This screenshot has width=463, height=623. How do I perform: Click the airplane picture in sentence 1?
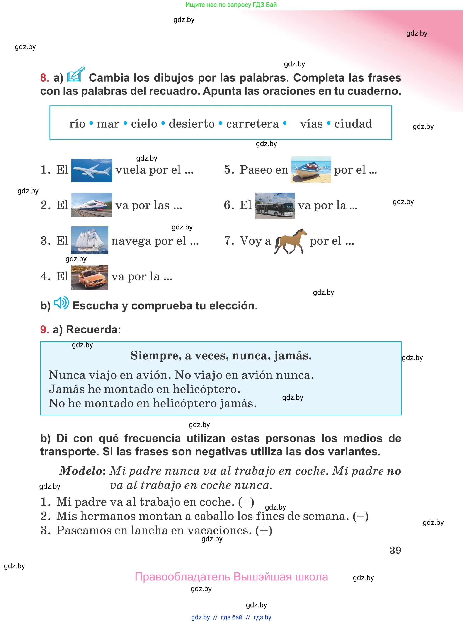(92, 170)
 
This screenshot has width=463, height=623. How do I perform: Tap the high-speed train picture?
(92, 205)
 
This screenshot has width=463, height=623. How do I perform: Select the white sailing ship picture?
(90, 240)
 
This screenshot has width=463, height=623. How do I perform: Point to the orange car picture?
(90, 277)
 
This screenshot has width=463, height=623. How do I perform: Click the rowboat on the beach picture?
(311, 169)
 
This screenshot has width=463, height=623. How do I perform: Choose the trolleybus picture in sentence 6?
(275, 206)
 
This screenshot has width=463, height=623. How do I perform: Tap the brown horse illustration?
(290, 241)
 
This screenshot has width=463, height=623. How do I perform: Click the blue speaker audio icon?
(61, 303)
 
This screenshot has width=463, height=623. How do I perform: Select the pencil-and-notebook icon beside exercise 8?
(76, 75)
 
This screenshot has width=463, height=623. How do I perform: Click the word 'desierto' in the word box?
(192, 123)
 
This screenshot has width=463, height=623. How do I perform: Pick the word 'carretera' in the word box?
(252, 123)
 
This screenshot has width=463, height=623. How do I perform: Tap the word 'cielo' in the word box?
(144, 123)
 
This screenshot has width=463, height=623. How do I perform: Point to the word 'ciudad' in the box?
(353, 123)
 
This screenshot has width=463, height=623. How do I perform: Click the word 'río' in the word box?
(77, 123)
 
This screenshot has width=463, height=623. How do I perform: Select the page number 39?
(395, 550)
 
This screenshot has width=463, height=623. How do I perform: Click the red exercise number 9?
(44, 329)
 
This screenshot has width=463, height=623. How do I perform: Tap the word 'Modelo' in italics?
(81, 471)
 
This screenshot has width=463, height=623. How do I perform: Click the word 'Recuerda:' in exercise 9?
(93, 329)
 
